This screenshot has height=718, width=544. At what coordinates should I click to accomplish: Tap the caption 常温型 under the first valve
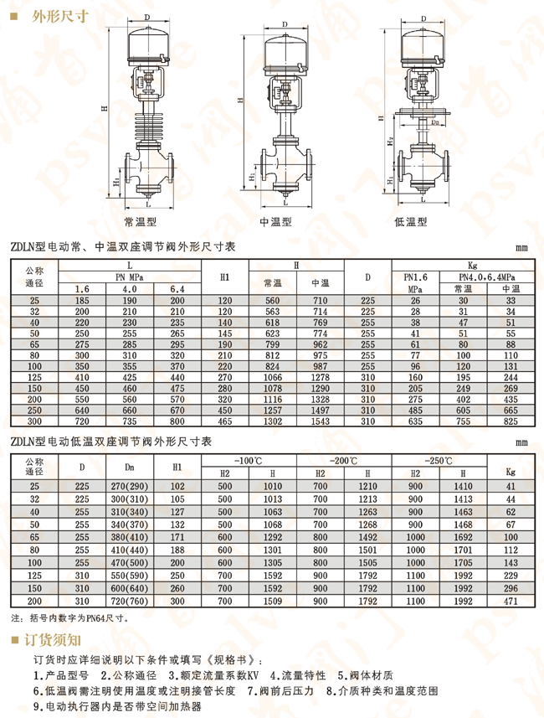point(140,222)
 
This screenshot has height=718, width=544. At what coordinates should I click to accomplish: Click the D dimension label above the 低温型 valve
point(423,17)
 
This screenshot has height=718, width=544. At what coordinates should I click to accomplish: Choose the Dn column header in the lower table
point(131,467)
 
